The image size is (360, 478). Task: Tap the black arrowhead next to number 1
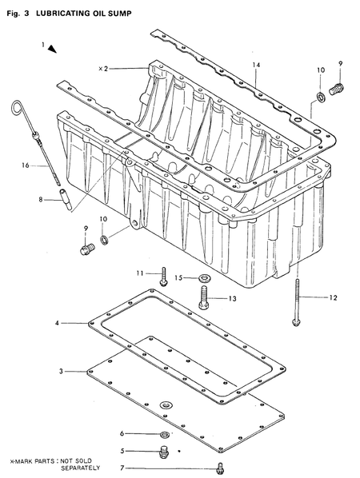click(x=53, y=50)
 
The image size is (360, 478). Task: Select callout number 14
click(x=256, y=64)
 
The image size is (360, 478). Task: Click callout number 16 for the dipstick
click(x=25, y=165)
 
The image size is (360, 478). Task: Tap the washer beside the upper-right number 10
click(x=319, y=97)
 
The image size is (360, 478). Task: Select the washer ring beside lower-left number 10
click(x=106, y=237)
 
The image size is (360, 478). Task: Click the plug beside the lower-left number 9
click(x=86, y=253)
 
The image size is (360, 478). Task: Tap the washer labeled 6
click(x=164, y=434)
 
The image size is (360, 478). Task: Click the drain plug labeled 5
click(x=164, y=452)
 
